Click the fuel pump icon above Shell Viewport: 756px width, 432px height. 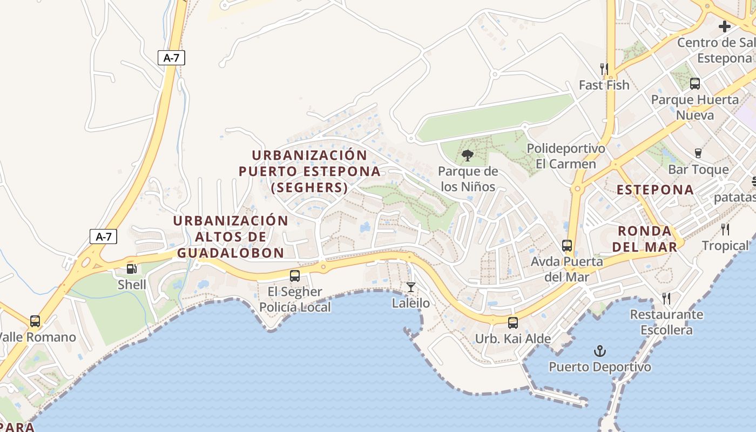coord(131,268)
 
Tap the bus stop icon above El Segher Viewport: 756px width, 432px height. coord(295,276)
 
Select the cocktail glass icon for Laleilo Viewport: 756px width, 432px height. coord(411,287)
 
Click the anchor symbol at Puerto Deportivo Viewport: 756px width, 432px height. coord(599,351)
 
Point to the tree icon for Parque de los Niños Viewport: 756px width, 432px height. coord(468,156)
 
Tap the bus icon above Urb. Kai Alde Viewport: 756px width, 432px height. coord(512,323)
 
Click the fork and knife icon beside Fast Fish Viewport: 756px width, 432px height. coord(604,69)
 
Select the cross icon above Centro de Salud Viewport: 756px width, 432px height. coord(724,26)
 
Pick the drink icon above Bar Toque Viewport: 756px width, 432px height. coord(698,153)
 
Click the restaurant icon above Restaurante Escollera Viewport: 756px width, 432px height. coord(666,298)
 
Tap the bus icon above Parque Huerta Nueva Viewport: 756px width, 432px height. coord(694,84)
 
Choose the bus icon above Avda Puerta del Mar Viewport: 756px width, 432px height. coord(567,246)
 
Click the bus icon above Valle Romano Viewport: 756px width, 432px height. coord(35,321)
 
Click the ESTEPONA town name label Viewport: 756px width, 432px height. coord(655,190)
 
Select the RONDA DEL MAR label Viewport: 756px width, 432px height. coord(647,239)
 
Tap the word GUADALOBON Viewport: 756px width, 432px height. coord(231,253)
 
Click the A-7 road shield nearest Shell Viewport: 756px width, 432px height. coord(103,236)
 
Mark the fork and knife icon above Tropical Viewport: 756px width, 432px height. coord(725,230)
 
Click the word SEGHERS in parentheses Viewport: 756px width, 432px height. coord(309,187)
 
